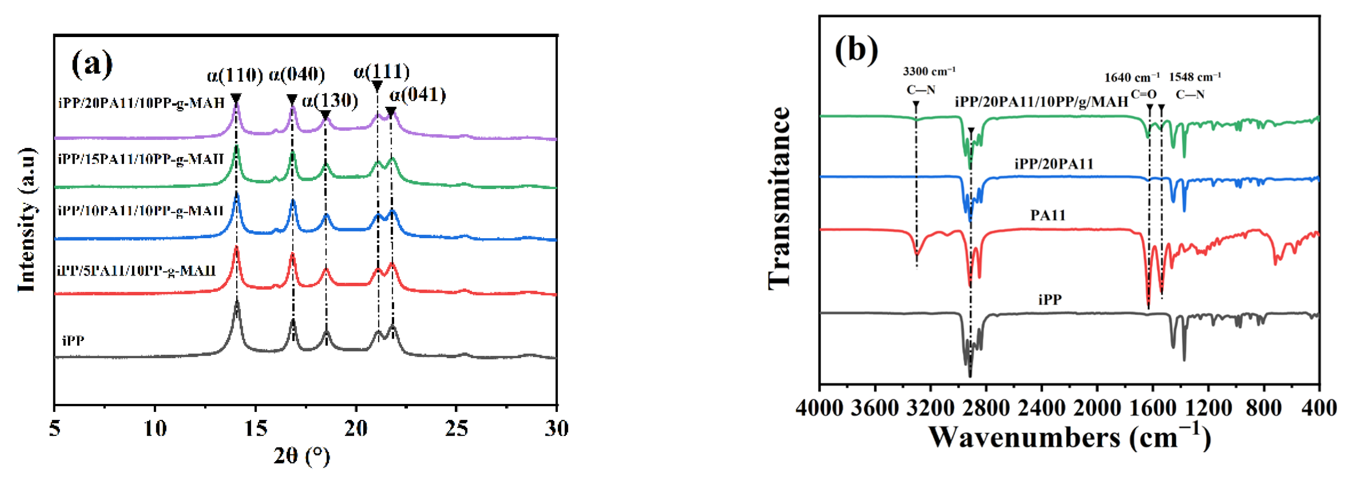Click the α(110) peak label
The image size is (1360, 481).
[x=235, y=75]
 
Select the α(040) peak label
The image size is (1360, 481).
[x=297, y=75]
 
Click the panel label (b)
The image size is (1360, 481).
[x=856, y=50]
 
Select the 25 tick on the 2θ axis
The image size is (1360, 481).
[x=456, y=428]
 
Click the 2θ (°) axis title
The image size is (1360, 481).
[x=302, y=455]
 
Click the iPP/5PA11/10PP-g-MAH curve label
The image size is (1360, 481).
[x=137, y=271]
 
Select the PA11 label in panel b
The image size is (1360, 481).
[x=1047, y=214]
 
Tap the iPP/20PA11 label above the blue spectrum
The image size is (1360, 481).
[x=1054, y=164]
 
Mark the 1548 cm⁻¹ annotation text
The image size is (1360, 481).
[x=1195, y=77]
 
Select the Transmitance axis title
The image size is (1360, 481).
[x=779, y=197]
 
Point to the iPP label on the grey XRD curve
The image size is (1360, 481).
[x=73, y=341]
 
